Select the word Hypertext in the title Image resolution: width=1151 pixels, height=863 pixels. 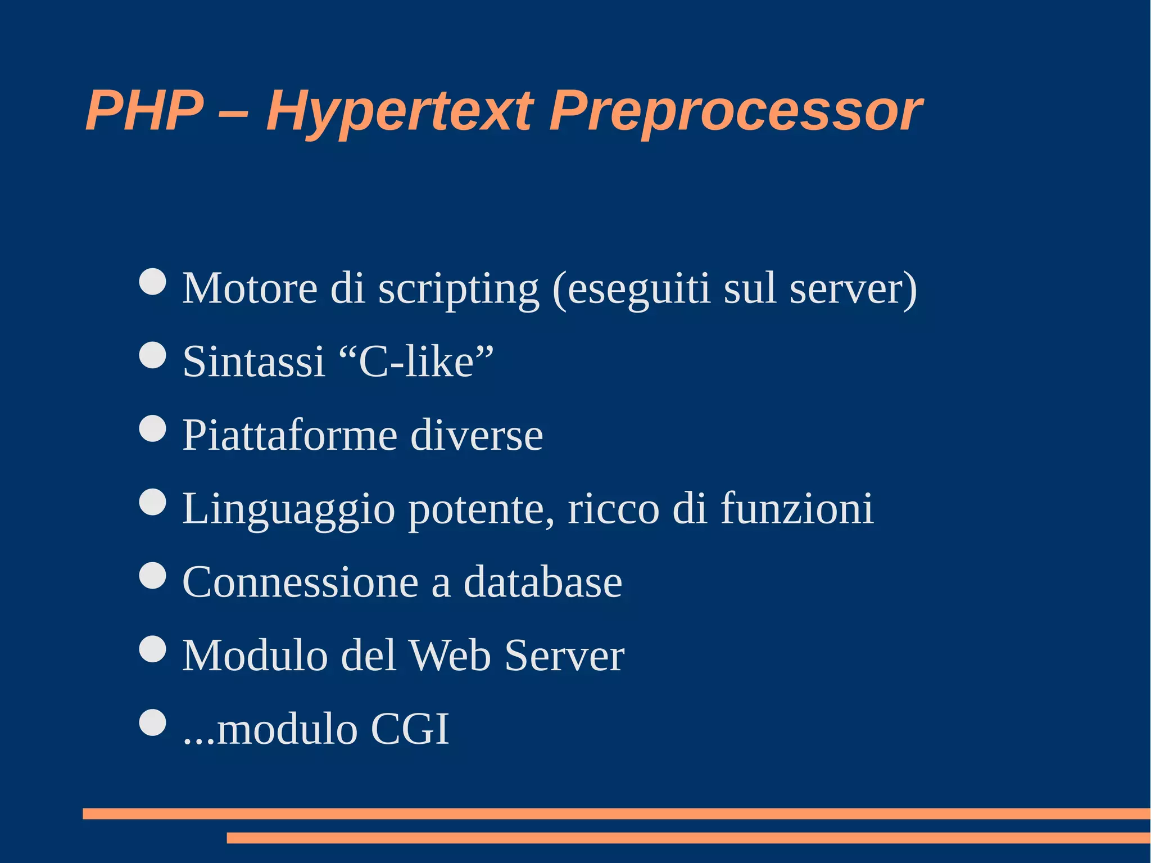(x=399, y=111)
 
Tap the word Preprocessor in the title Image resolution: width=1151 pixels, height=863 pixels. (x=735, y=111)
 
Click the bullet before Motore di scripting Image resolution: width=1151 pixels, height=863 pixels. (x=152, y=281)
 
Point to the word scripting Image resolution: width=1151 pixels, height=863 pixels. (x=458, y=289)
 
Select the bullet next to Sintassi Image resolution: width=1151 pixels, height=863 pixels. (x=152, y=355)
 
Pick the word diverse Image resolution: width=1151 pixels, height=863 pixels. (x=477, y=435)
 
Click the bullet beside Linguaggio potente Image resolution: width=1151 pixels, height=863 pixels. (x=152, y=501)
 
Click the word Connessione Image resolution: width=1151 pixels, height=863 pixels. (x=300, y=582)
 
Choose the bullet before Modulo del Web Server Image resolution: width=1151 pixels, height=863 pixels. (x=152, y=649)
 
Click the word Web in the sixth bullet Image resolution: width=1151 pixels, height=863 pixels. (x=450, y=656)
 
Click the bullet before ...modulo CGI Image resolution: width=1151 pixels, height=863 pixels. (x=152, y=722)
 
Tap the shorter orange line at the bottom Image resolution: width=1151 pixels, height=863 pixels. (x=688, y=838)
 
